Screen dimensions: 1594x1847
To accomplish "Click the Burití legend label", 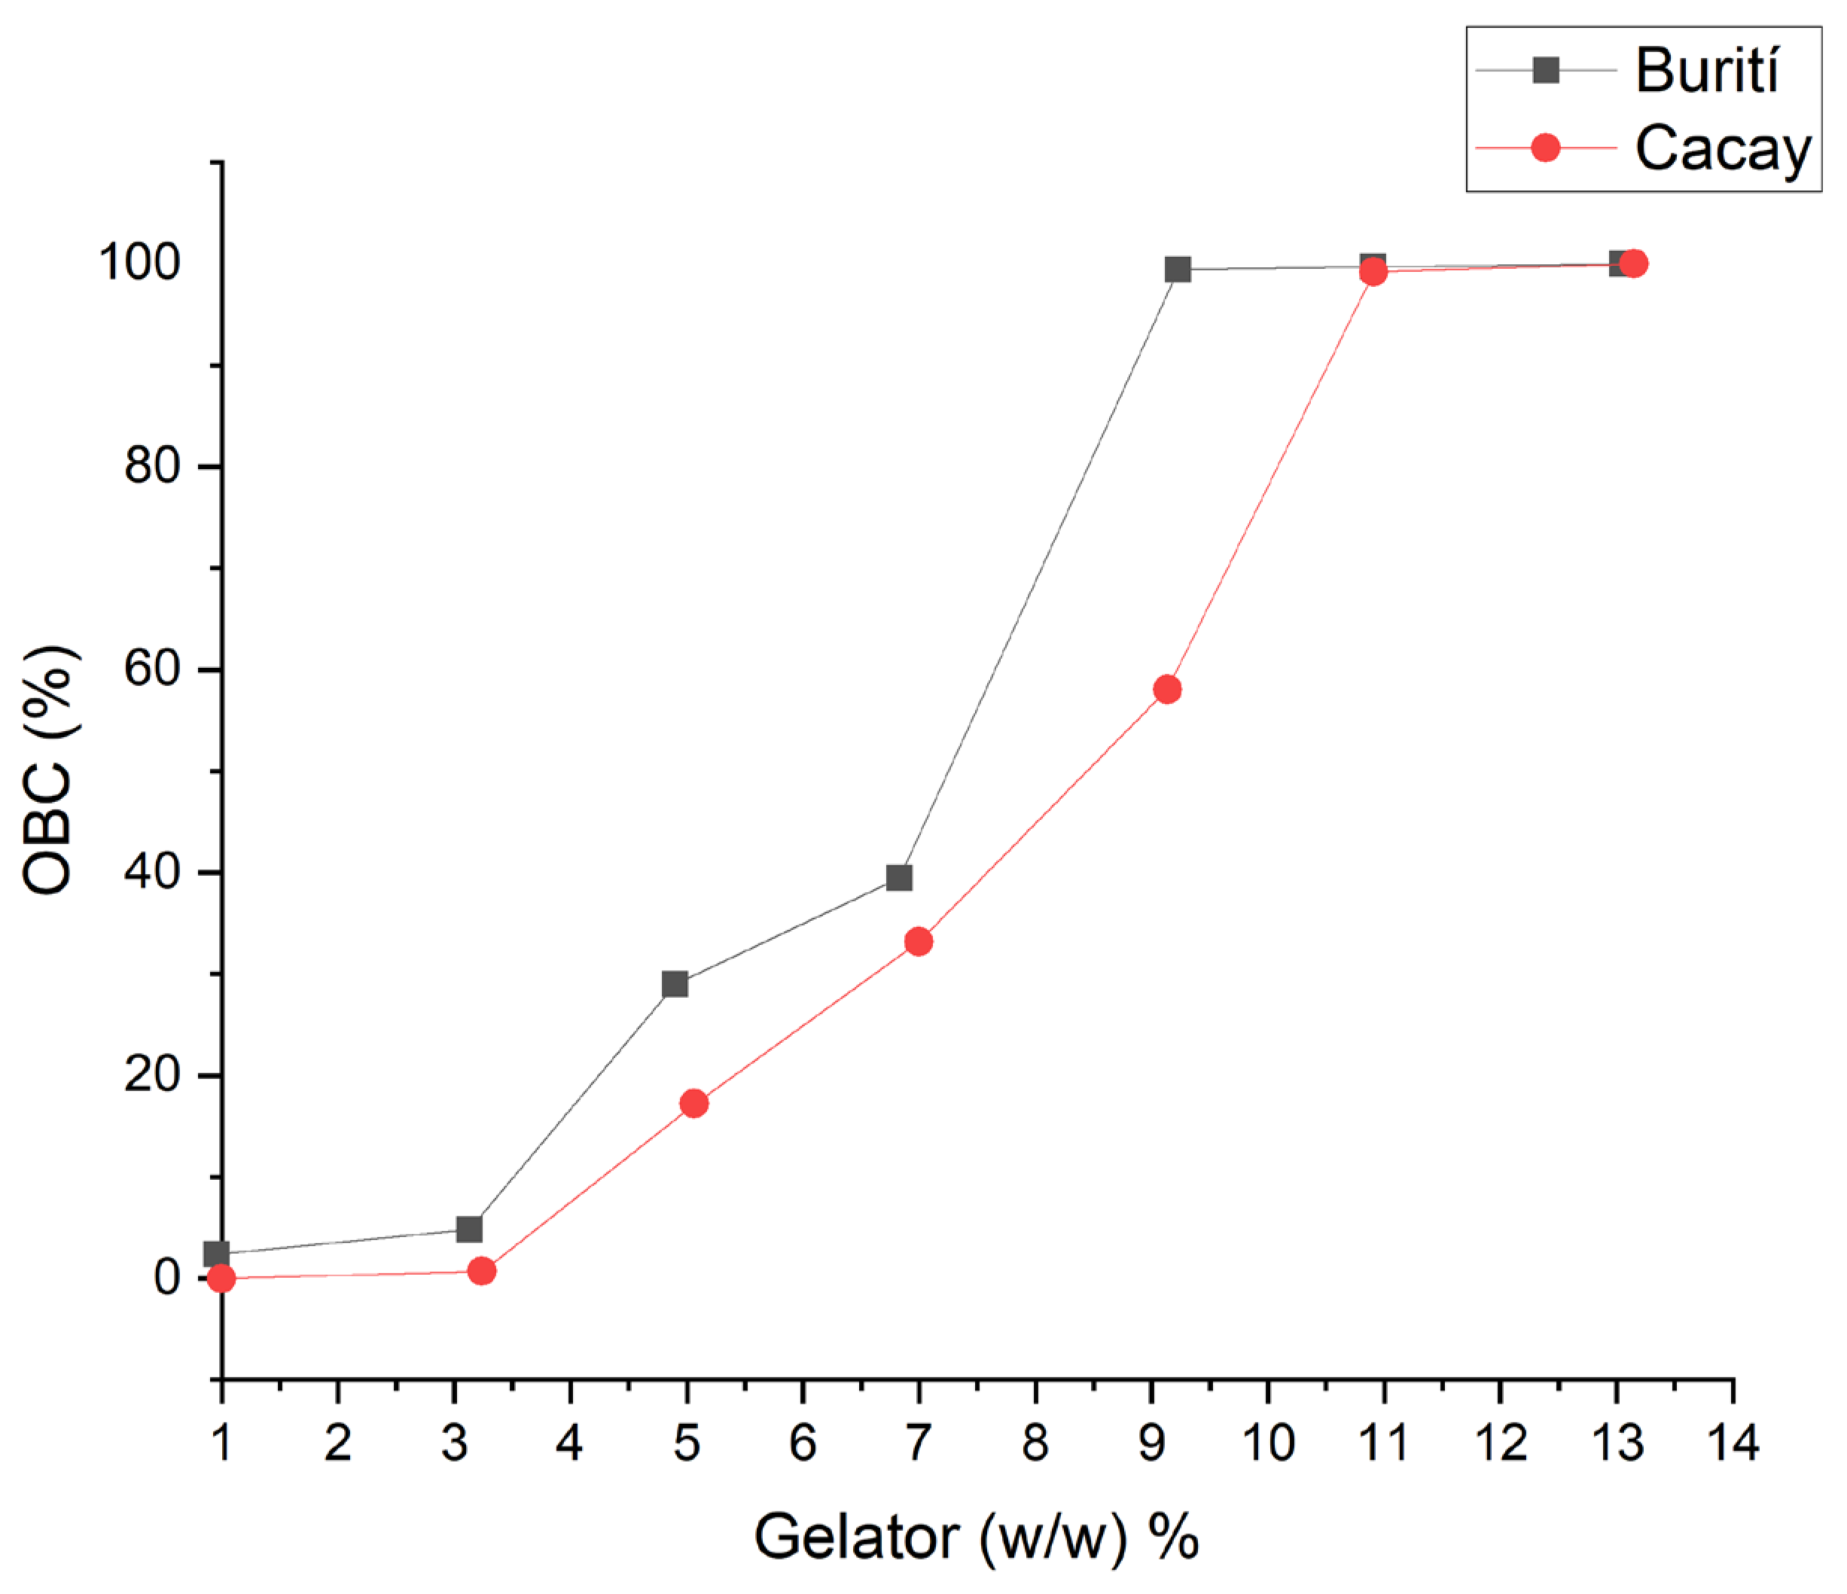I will (1706, 71).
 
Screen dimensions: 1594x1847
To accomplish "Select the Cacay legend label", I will (1722, 148).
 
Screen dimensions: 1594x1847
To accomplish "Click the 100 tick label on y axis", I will (140, 262).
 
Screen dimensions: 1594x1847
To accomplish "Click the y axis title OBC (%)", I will (49, 772).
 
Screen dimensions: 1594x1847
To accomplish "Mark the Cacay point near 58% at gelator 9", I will (1167, 689).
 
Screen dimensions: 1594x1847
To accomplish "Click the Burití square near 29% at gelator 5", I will (675, 984).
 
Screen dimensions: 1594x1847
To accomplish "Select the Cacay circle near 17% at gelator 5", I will (693, 1104).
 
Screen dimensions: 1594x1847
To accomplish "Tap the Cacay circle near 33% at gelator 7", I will (918, 941).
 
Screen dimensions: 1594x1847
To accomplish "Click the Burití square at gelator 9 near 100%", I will (1178, 270).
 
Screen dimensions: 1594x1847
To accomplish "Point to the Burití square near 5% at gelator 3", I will (469, 1230).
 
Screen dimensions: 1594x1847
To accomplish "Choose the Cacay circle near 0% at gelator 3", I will (481, 1270).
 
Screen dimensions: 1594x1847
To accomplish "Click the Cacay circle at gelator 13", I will (1633, 263).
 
